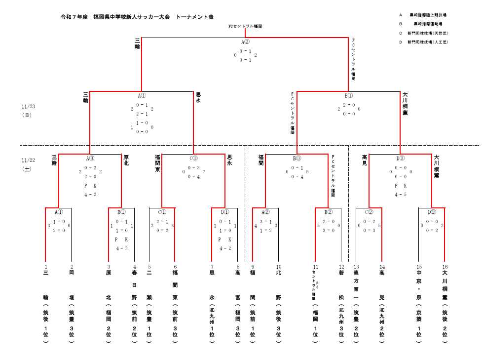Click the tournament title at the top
click(x=137, y=17)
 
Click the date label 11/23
click(x=28, y=106)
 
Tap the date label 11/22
click(x=28, y=160)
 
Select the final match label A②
click(x=245, y=42)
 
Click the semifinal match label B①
click(x=348, y=96)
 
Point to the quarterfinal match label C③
click(x=193, y=159)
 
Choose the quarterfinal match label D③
click(x=400, y=159)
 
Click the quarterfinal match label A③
click(x=90, y=159)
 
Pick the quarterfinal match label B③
click(x=297, y=159)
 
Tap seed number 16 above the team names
click(x=445, y=267)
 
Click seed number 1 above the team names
click(x=45, y=267)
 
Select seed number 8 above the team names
click(x=238, y=267)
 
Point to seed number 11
click(x=315, y=267)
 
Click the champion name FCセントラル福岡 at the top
click(x=245, y=26)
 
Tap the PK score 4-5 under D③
click(x=400, y=195)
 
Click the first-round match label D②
click(x=431, y=212)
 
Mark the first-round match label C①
click(x=162, y=212)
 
